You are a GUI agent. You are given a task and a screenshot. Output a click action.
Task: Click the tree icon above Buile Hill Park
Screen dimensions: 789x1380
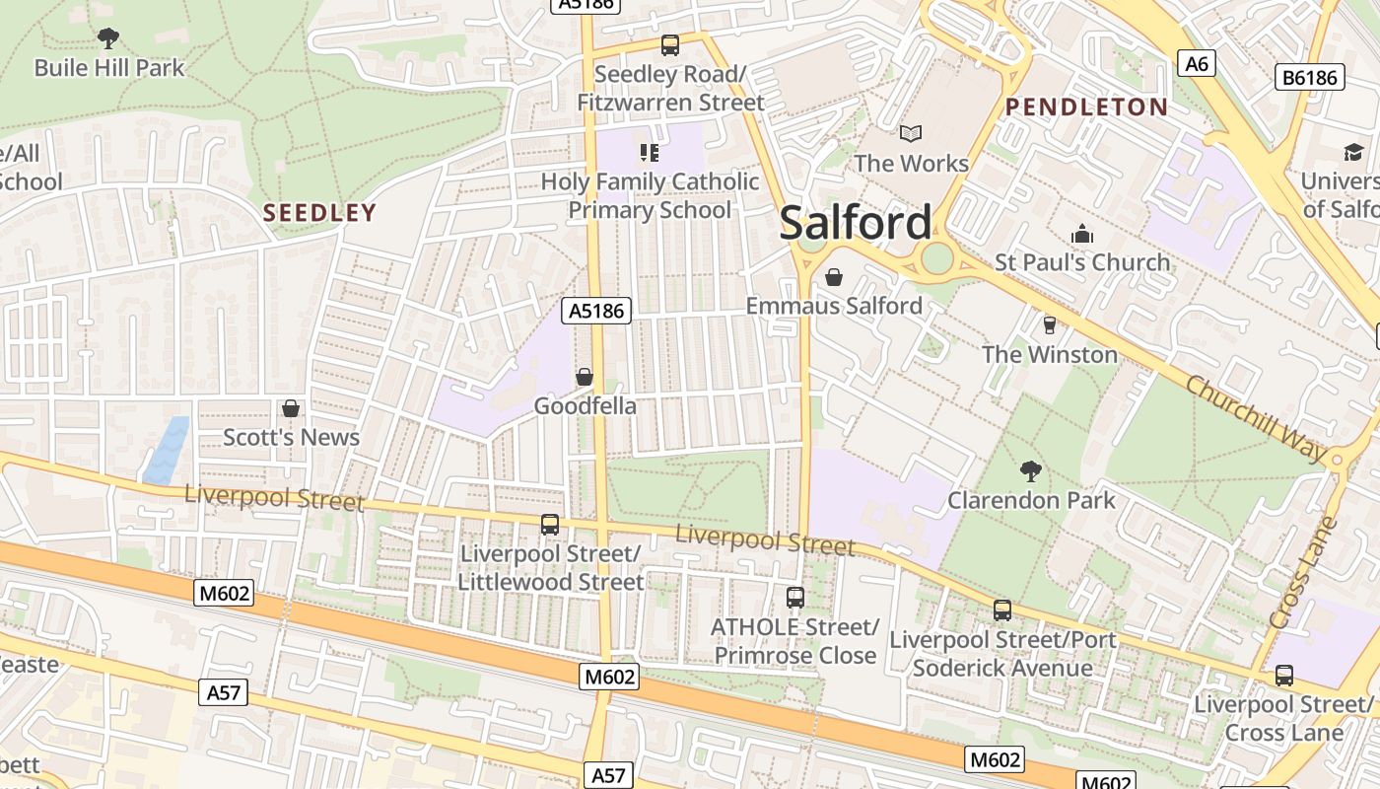108,38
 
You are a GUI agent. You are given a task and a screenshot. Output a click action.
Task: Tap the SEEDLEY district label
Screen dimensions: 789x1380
319,212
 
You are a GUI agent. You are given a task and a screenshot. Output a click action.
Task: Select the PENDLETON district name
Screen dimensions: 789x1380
1086,108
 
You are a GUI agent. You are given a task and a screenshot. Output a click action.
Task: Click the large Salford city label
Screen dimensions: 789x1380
855,223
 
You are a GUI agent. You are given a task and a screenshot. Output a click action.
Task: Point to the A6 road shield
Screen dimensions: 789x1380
1196,64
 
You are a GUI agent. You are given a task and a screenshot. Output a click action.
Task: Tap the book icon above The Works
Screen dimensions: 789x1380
911,133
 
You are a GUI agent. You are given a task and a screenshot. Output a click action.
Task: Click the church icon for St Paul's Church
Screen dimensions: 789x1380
1082,234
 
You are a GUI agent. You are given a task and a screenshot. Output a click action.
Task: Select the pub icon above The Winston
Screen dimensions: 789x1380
1049,324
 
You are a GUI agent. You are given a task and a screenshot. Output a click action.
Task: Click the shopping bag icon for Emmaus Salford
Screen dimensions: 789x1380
834,277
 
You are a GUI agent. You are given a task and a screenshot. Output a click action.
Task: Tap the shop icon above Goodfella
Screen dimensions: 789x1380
585,377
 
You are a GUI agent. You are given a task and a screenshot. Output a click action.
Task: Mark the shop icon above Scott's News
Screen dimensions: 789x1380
291,408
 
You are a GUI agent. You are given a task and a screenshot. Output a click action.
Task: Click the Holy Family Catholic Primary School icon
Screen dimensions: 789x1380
650,152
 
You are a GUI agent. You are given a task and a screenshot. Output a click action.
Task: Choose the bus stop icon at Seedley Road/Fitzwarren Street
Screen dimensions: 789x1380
670,44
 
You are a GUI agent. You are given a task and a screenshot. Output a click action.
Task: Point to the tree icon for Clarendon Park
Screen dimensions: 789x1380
1031,470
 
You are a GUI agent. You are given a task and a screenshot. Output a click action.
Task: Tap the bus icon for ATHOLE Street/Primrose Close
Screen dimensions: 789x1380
794,598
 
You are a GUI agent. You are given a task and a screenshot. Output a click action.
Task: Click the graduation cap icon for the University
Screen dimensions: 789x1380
1353,152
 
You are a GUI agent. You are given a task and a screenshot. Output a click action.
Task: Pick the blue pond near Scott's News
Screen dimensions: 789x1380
167,450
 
